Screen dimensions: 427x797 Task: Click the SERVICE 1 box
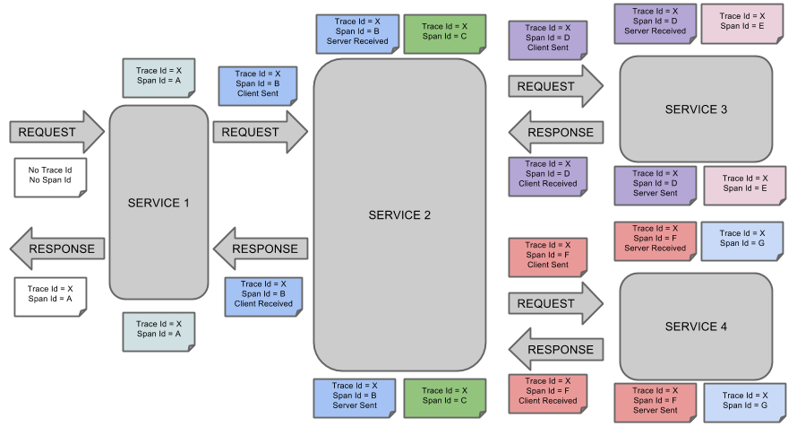(x=159, y=203)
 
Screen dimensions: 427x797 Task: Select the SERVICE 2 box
(x=399, y=215)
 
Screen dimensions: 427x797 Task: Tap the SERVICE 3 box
(x=696, y=109)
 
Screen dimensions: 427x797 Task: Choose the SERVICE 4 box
(x=696, y=327)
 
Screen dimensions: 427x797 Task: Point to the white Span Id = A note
(x=50, y=294)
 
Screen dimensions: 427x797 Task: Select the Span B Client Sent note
(x=257, y=83)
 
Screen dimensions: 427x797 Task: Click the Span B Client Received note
(x=263, y=294)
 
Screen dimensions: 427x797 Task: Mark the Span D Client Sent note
(x=547, y=39)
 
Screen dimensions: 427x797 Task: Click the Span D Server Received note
(x=655, y=21)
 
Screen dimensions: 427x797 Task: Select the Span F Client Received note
(x=547, y=391)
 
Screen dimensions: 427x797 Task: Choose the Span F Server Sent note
(x=655, y=400)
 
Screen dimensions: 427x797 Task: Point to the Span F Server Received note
(x=655, y=239)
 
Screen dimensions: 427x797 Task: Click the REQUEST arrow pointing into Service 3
(x=555, y=87)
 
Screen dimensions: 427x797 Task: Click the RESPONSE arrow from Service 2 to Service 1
(x=260, y=249)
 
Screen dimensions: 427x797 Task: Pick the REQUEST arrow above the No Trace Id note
(x=56, y=132)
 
